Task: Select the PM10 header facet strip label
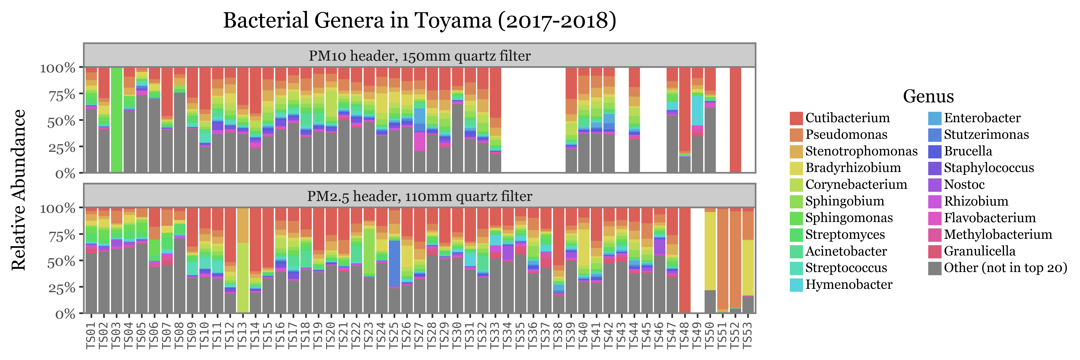pos(419,56)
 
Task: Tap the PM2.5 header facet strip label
pos(419,196)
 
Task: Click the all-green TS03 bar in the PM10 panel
pos(117,119)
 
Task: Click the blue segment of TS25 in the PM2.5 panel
pos(394,263)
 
